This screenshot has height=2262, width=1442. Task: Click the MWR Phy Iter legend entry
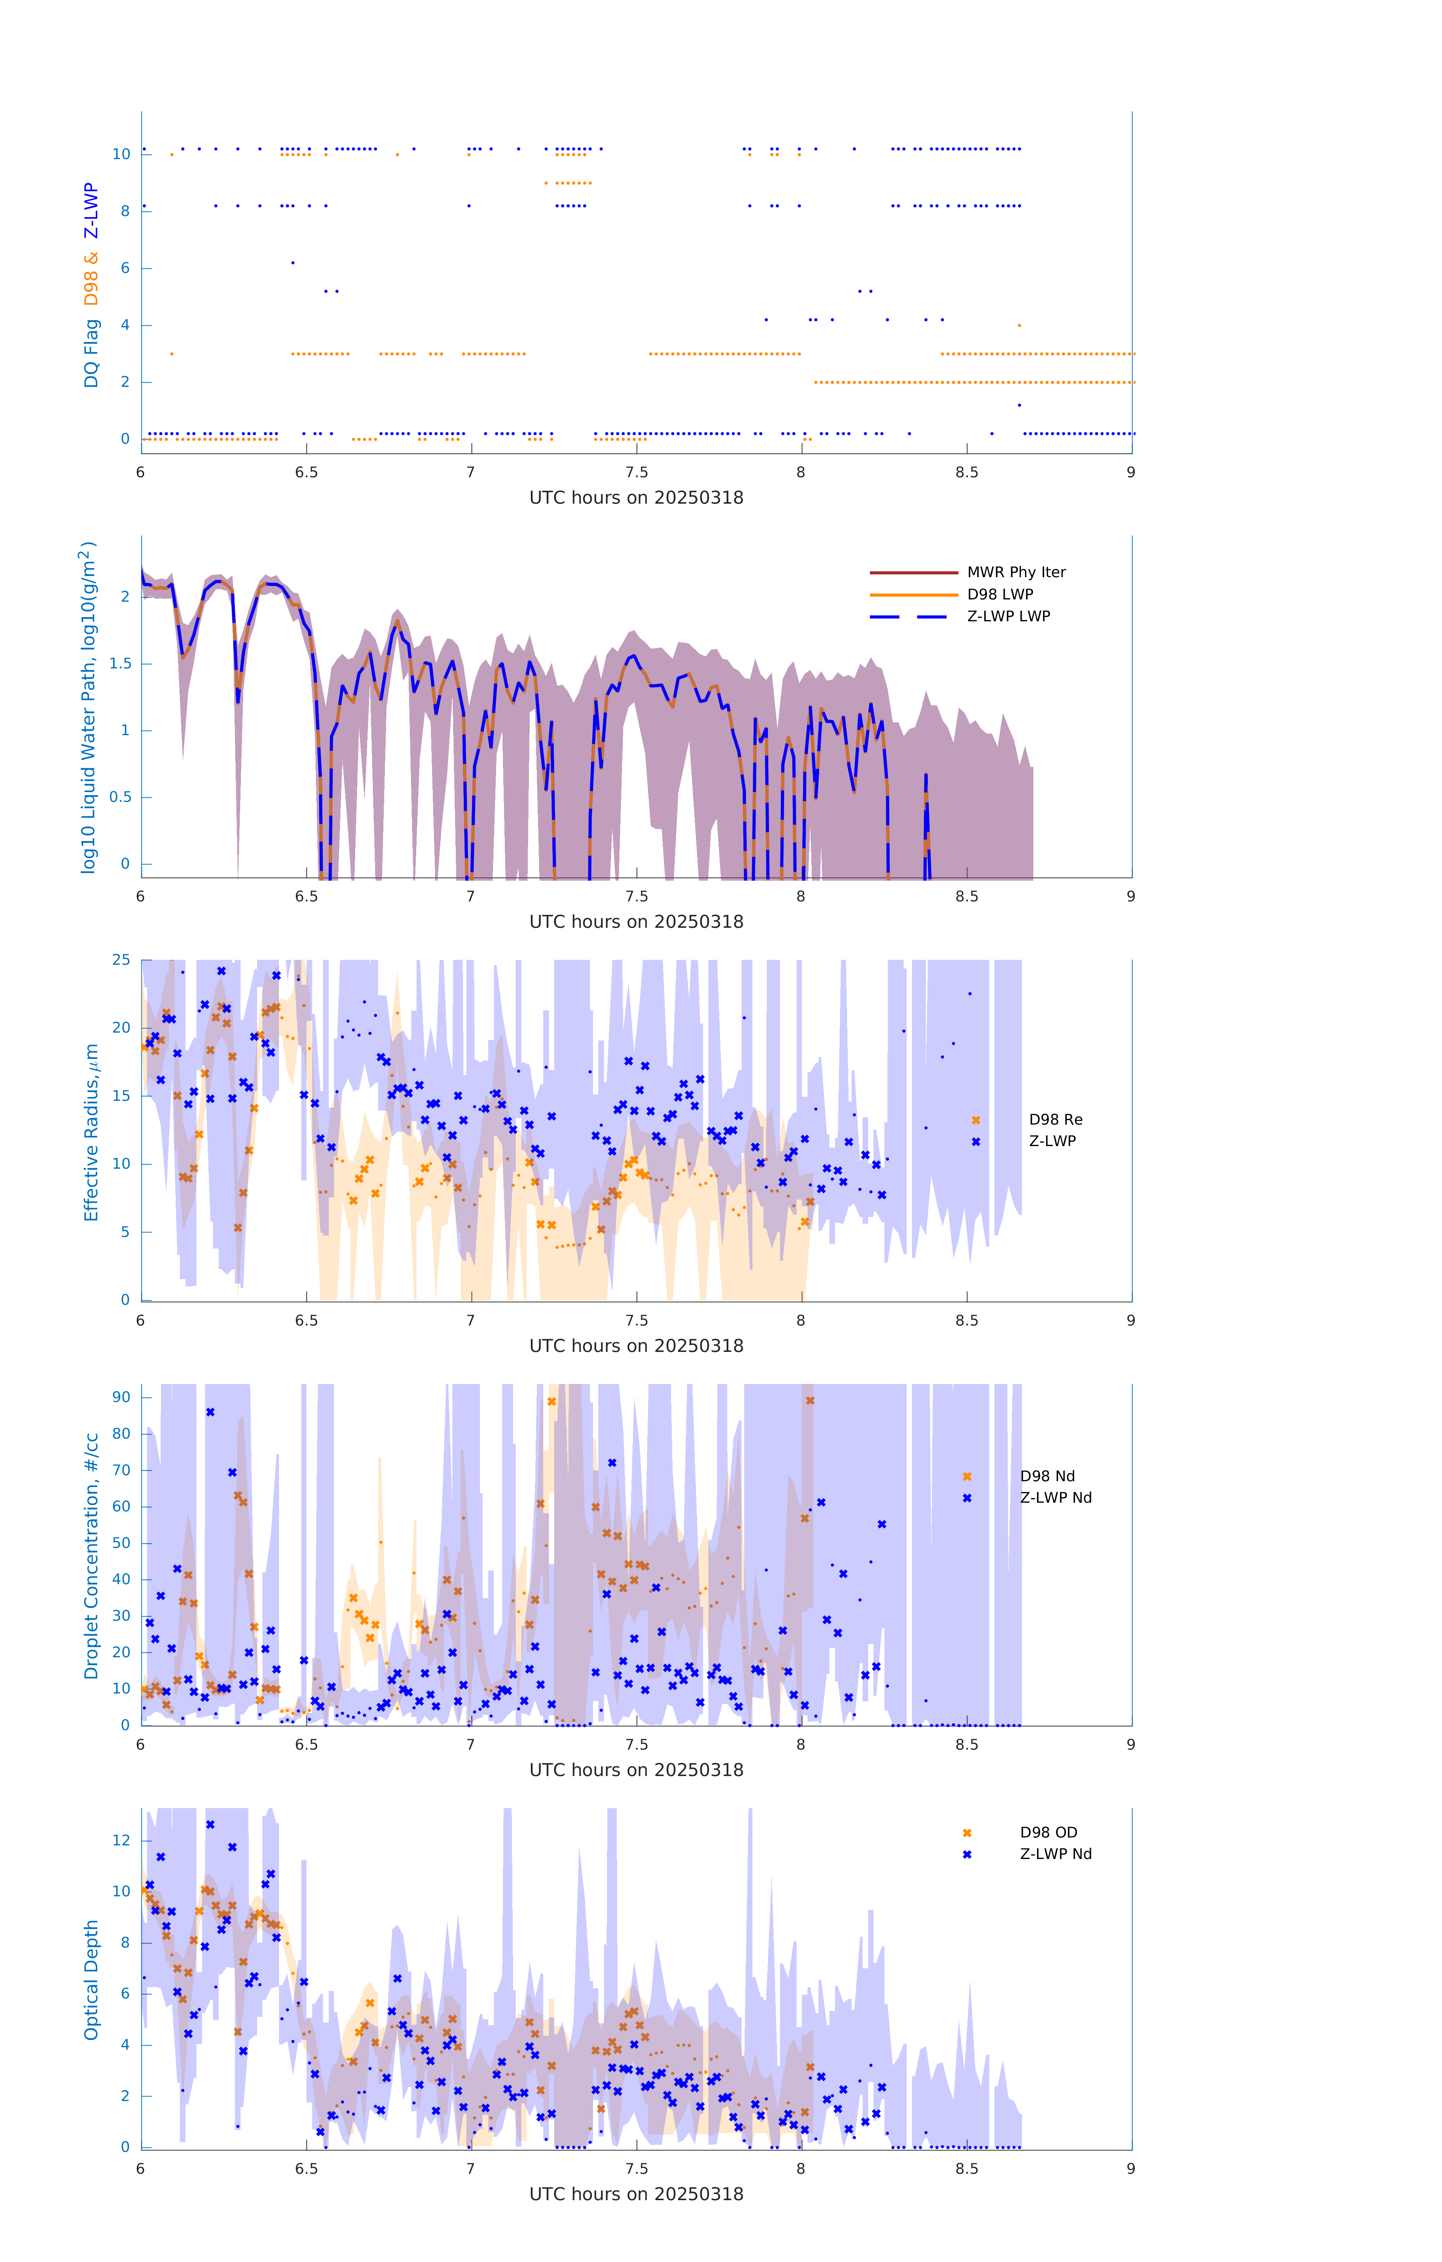1016,572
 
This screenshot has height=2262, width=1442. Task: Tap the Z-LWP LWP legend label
1008,616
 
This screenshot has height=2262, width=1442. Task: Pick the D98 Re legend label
1055,1120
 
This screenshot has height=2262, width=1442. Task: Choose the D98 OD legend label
1048,1833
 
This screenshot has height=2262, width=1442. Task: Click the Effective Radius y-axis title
91,1132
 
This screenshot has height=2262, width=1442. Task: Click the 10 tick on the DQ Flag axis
121,154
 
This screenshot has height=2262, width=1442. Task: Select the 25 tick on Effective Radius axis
121,960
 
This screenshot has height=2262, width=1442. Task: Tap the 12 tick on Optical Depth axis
121,1840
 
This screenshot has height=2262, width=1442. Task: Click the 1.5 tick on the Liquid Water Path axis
119,663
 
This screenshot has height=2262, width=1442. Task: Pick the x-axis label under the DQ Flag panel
636,498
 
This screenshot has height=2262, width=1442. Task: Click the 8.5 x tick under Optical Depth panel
966,2169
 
